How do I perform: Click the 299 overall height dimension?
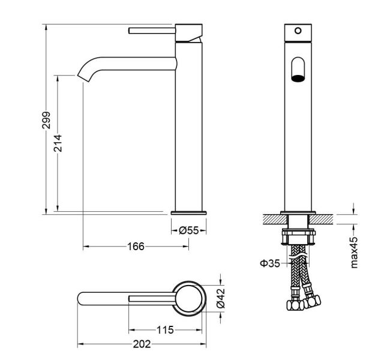click(46, 120)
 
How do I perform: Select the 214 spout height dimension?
click(58, 143)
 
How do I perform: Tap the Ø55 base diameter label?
click(189, 230)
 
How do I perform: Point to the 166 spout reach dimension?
click(136, 246)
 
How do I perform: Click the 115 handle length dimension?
click(165, 329)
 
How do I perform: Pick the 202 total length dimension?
click(142, 344)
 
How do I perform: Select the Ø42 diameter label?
click(221, 298)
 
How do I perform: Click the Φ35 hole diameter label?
click(270, 263)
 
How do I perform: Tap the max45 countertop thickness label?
click(354, 252)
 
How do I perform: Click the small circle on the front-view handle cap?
click(298, 31)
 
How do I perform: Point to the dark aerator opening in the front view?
click(298, 78)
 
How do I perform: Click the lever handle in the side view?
click(152, 31)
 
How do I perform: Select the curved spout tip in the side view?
click(85, 75)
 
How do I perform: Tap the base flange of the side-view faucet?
click(189, 213)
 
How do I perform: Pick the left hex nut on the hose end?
click(295, 305)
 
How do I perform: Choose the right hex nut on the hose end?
click(312, 301)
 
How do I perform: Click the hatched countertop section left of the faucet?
click(275, 220)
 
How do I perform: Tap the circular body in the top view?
click(189, 298)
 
